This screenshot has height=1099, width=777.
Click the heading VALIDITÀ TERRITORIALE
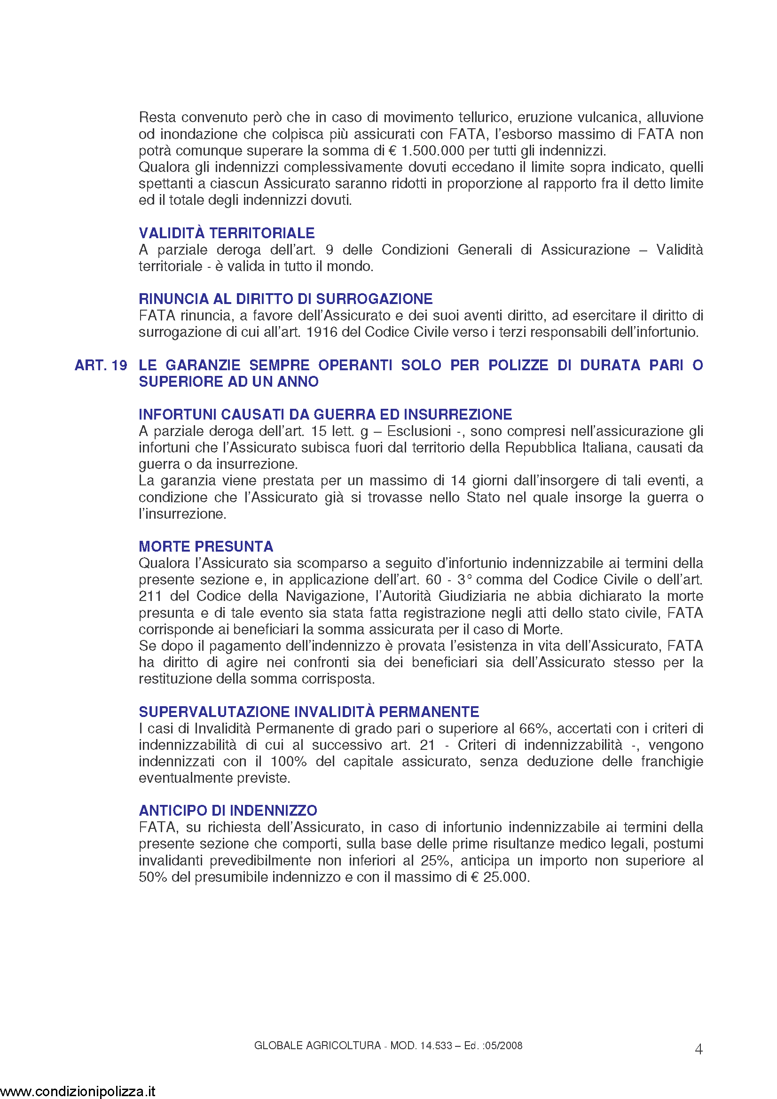pos(227,233)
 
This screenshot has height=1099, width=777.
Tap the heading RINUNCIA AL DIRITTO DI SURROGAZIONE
pos(285,299)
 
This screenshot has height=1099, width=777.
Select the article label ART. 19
pos(101,366)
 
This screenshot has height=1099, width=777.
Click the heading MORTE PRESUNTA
pos(206,546)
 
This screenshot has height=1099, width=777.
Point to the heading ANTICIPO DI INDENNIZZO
pos(228,811)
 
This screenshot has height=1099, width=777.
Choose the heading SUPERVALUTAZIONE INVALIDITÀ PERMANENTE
pos(309,712)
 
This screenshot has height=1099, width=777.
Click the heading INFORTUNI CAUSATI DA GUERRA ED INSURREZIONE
pos(325,414)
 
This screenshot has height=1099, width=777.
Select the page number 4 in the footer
pos(699,1050)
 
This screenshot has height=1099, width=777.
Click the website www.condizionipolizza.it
pos(78,1091)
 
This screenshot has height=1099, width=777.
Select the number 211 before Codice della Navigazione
pos(150,596)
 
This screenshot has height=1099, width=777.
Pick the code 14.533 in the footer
pos(436,1046)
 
